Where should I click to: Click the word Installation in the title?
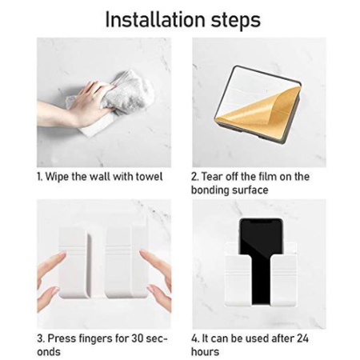(155, 20)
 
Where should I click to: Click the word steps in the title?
(236, 21)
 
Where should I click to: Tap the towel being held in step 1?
(120, 101)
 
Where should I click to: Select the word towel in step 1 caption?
(149, 177)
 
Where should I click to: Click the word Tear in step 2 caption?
(211, 177)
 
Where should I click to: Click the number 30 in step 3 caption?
(138, 338)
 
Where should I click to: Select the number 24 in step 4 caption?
(302, 338)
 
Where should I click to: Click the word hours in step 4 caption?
(205, 352)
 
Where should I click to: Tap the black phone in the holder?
(261, 256)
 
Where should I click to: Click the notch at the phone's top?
(261, 220)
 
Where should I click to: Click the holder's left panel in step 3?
(74, 262)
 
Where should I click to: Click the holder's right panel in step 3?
(126, 262)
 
